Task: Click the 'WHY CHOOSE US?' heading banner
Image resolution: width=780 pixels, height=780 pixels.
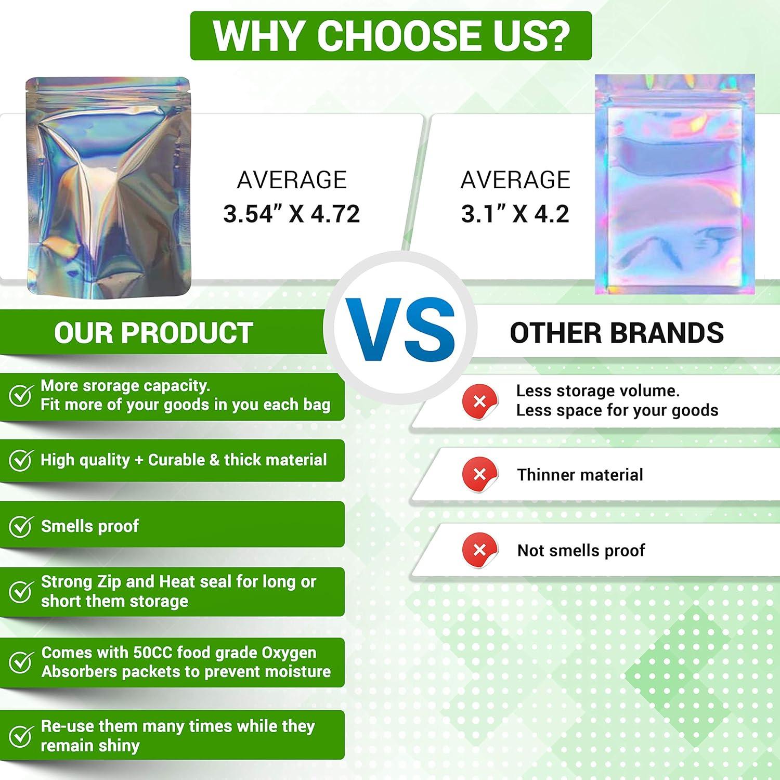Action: coord(391,36)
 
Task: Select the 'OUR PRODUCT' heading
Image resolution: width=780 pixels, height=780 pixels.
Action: coord(153,333)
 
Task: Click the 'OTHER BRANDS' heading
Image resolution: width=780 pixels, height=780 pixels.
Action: coord(617,333)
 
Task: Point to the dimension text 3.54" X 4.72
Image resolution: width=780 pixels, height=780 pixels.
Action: coord(292,214)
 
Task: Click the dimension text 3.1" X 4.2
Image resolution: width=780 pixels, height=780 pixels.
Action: coord(515,214)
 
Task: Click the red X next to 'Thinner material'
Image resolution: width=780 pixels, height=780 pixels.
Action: coord(480,475)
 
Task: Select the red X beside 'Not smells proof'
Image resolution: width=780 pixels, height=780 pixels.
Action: coord(480,550)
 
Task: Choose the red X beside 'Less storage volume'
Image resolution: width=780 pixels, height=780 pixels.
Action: coord(480,402)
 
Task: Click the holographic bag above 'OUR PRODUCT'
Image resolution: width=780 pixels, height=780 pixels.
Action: coord(108,188)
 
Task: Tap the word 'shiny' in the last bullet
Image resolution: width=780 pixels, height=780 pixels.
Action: coord(119,746)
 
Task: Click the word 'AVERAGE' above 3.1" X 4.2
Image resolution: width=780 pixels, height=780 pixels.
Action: coord(515,180)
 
